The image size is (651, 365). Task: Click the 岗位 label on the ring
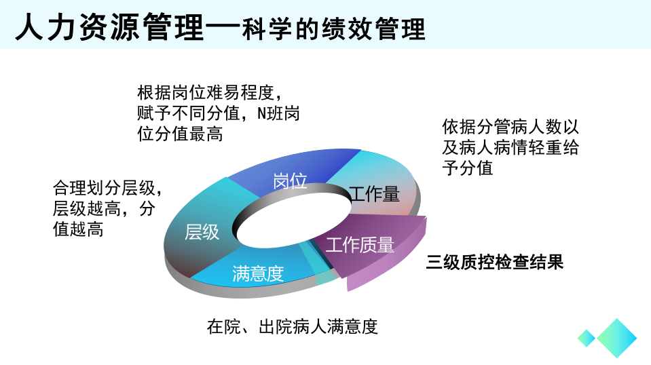click(x=290, y=181)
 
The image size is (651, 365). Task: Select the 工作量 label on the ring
click(x=374, y=194)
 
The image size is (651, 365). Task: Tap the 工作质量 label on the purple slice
click(x=360, y=245)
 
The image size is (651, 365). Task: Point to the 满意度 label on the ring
click(x=258, y=273)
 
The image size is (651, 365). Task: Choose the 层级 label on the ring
click(x=202, y=232)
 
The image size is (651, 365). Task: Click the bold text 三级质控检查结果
click(x=494, y=262)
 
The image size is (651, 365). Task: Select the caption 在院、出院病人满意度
click(x=293, y=326)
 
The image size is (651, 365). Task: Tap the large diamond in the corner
click(x=616, y=338)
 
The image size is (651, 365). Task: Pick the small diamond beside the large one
click(x=587, y=338)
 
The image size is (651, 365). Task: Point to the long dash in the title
click(x=223, y=28)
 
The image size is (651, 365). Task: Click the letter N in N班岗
click(x=261, y=113)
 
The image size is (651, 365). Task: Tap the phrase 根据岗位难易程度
click(x=206, y=92)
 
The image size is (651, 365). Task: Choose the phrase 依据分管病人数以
click(x=510, y=126)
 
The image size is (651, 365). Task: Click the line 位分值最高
click(x=180, y=134)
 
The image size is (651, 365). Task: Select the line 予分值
click(x=468, y=168)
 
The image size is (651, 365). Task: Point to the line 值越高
click(x=78, y=229)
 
